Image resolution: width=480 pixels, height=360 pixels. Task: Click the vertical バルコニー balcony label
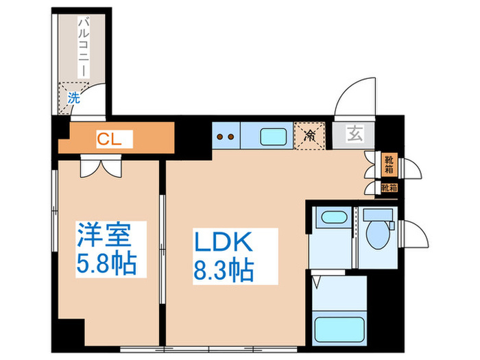[x=81, y=48]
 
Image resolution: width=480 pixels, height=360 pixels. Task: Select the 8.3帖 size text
[x=224, y=269]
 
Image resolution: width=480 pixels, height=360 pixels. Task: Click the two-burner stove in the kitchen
[x=225, y=136]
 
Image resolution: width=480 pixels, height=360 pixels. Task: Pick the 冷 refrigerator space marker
[x=309, y=135]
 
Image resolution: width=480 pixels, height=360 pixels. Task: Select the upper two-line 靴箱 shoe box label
[x=389, y=165]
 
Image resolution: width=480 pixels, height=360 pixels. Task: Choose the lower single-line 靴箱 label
[x=389, y=187]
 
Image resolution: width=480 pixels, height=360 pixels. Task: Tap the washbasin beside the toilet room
[x=333, y=219]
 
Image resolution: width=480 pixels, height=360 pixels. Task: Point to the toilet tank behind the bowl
[x=378, y=215]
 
